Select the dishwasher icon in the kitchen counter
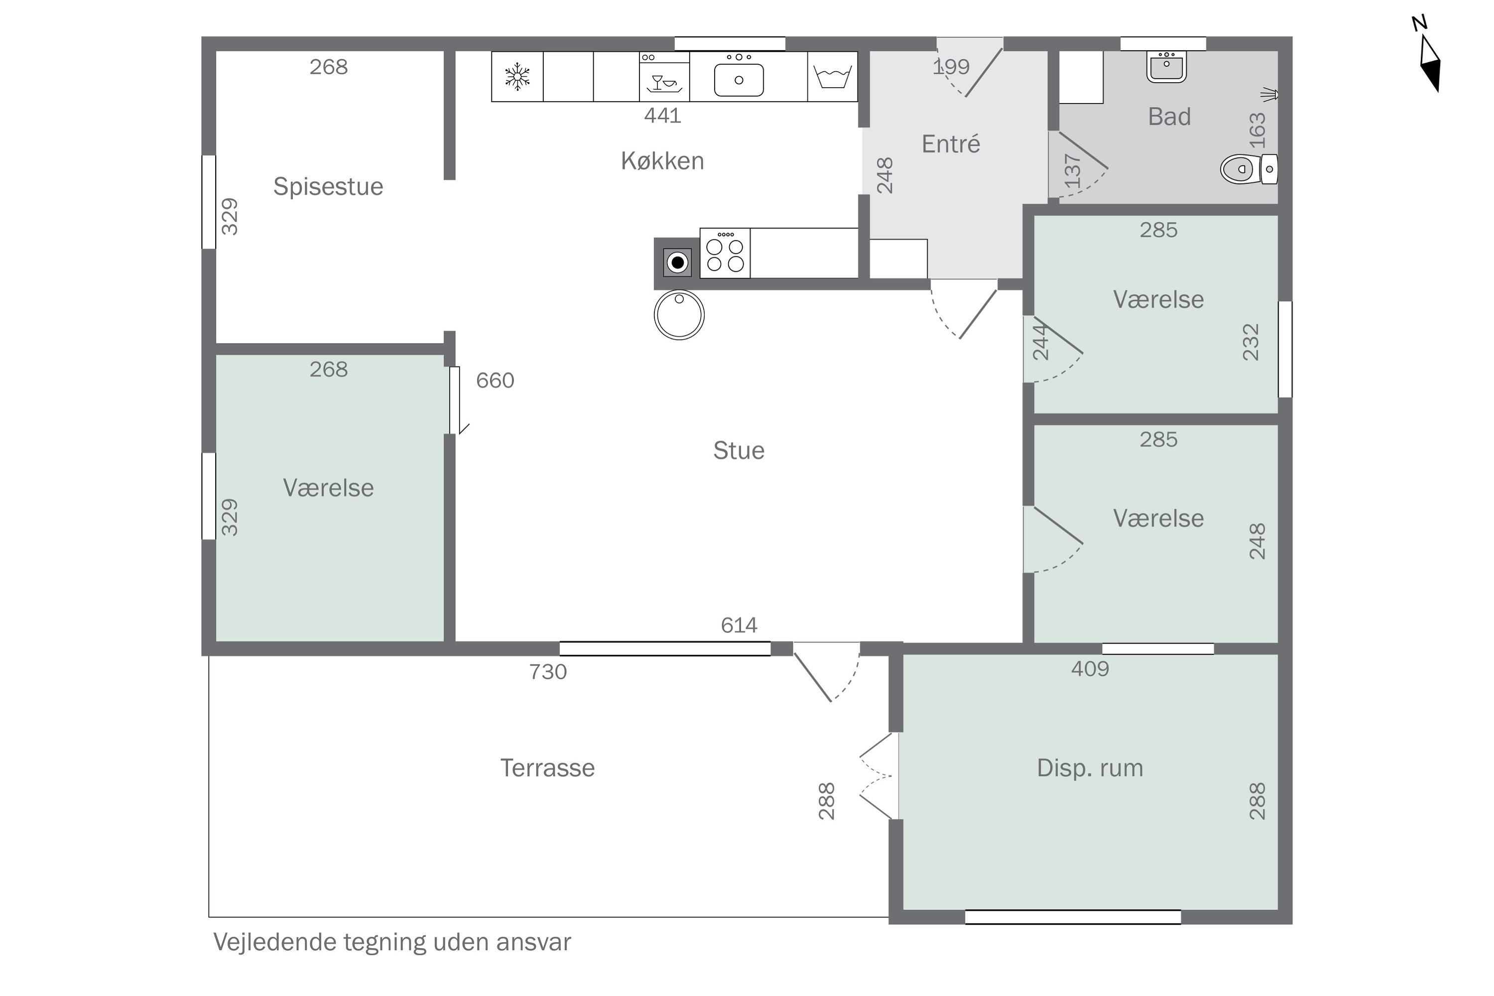[664, 77]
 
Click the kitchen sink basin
[739, 80]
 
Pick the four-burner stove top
[725, 253]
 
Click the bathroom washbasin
[1166, 67]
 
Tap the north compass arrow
[1430, 64]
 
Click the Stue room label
[739, 450]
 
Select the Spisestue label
[328, 187]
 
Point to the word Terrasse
[547, 768]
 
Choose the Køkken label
[662, 161]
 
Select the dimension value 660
[496, 380]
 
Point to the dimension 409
[1090, 669]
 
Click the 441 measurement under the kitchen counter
[662, 116]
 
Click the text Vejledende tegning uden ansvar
[392, 942]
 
